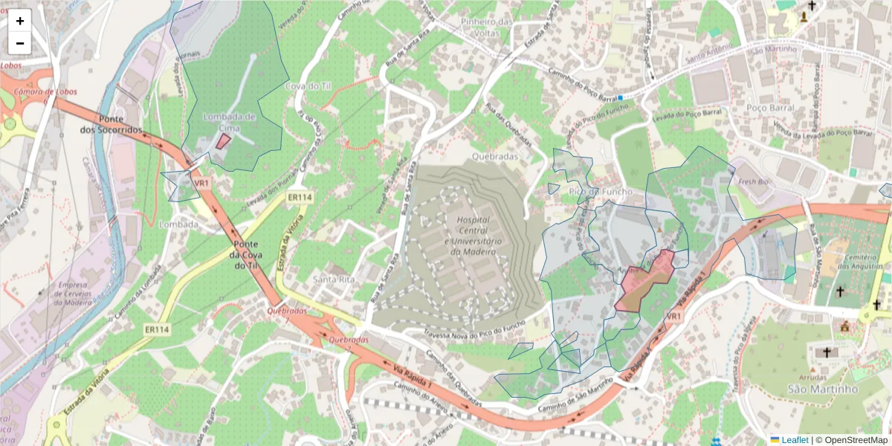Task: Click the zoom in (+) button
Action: tap(20, 21)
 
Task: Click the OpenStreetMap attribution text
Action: tap(856, 440)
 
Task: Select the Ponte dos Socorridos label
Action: tap(111, 124)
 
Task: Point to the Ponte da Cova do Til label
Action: tap(245, 255)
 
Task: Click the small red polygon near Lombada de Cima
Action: tap(223, 141)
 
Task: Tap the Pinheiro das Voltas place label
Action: tap(487, 28)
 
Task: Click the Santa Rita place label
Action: tap(332, 279)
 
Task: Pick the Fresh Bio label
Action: tap(752, 181)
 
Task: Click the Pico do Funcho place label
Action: tap(594, 192)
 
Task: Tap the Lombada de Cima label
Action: tap(230, 122)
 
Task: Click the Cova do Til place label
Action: tap(308, 86)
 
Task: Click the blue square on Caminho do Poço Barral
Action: tap(620, 97)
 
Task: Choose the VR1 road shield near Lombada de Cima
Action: tap(201, 182)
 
